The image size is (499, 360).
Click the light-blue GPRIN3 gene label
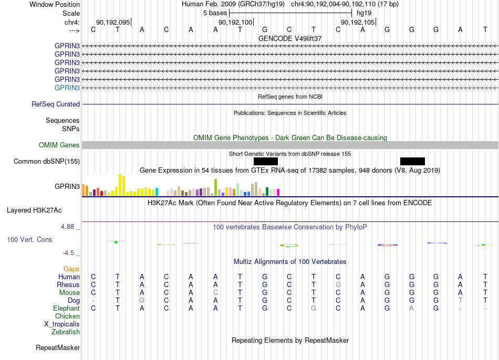[67, 88]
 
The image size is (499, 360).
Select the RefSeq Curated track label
[56, 104]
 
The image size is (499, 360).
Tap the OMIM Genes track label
[59, 145]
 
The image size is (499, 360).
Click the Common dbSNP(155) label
[47, 161]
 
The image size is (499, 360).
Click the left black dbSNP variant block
[266, 161]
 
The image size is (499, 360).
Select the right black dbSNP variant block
[412, 161]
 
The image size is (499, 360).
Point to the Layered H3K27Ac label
[34, 210]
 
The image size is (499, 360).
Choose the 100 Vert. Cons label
[29, 239]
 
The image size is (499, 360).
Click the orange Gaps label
[71, 269]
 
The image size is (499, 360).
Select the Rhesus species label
[68, 284]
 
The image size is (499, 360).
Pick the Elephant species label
[67, 309]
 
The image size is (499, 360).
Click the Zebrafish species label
[66, 332]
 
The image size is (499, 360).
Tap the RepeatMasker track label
[58, 347]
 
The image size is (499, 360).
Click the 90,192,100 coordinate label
[235, 22]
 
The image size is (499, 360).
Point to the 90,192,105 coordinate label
[358, 22]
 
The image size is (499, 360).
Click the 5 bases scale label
[215, 13]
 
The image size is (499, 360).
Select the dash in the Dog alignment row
[93, 301]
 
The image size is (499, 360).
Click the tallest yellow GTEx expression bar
[120, 185]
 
